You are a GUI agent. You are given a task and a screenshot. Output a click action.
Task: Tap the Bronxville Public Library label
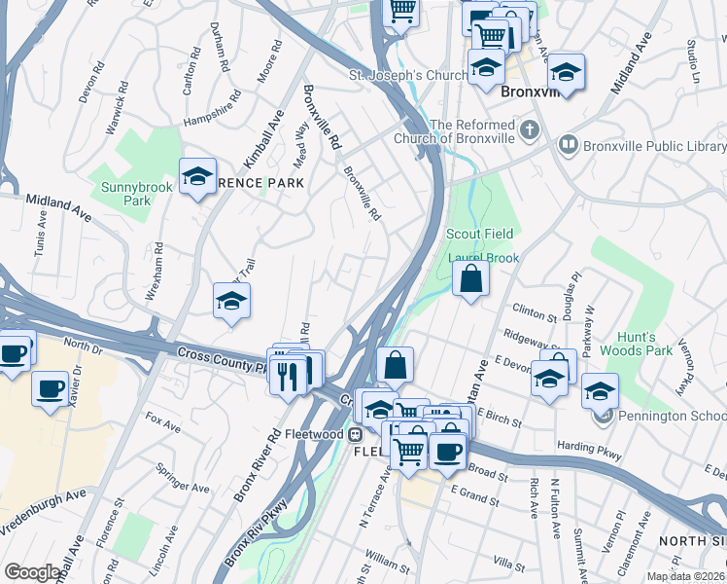[x=655, y=146]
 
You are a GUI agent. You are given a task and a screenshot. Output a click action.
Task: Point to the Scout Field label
[x=478, y=234]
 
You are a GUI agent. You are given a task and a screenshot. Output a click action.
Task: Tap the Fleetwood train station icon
[x=356, y=434]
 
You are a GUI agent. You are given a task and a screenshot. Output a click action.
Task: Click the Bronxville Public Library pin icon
[x=569, y=146]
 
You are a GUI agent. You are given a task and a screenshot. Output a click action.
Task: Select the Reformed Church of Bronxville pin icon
[x=530, y=129]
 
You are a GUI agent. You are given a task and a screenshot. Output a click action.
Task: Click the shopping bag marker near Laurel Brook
[x=470, y=278]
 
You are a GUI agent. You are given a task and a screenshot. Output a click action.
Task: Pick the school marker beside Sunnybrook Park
[x=198, y=176]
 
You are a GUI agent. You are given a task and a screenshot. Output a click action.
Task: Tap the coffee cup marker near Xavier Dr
[x=51, y=388]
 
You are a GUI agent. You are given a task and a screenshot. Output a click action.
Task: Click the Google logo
[x=33, y=572]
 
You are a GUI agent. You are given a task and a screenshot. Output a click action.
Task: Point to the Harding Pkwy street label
[x=583, y=447]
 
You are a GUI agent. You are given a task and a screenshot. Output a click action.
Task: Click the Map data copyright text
[x=686, y=576]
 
